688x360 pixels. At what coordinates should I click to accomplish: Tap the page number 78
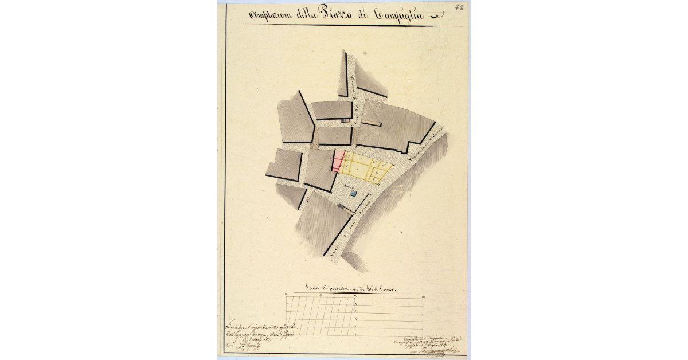[459, 8]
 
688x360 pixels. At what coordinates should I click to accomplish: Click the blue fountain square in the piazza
[354, 195]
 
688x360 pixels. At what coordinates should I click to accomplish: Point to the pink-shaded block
[338, 161]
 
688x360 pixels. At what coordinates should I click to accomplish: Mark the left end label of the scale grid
[286, 296]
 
